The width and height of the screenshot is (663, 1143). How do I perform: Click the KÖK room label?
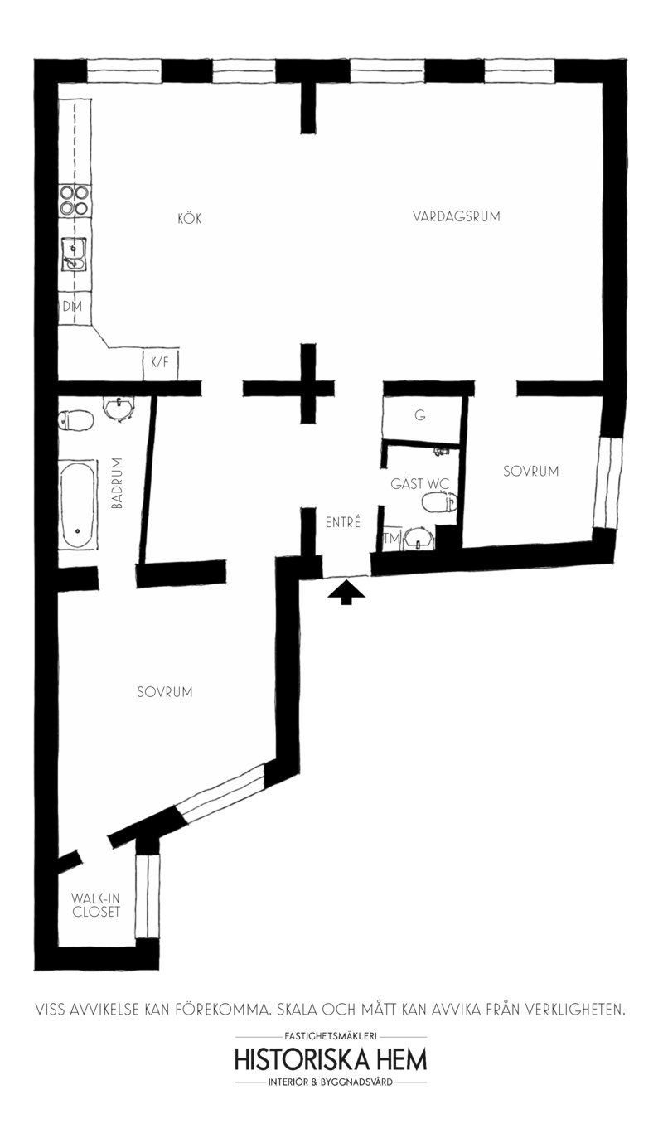(189, 219)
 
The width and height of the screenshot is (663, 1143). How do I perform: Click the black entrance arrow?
(346, 591)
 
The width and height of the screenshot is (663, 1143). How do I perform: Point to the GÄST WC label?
(419, 483)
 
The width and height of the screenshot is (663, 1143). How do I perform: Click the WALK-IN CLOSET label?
(95, 904)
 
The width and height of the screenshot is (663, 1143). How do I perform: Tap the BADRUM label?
(117, 482)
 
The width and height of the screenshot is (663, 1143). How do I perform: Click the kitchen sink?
(74, 254)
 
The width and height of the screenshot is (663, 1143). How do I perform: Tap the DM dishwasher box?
(71, 306)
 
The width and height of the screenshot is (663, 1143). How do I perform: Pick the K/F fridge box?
(160, 362)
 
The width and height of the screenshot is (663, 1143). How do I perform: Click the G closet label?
(420, 416)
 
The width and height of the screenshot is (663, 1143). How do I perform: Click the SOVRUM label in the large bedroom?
(164, 691)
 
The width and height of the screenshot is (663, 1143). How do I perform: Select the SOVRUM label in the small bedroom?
(530, 471)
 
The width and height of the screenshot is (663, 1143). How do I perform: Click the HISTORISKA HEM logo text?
(331, 1060)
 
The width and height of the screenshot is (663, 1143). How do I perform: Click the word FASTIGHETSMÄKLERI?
(331, 1035)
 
